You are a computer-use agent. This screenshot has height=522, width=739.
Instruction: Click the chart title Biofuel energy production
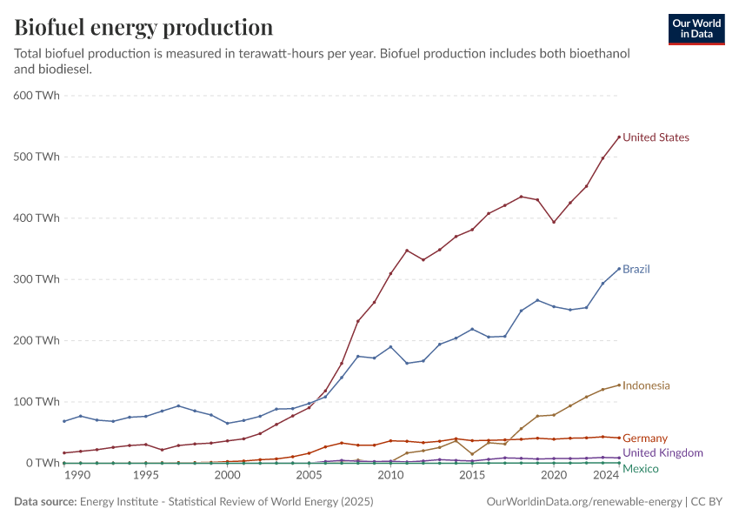click(x=143, y=27)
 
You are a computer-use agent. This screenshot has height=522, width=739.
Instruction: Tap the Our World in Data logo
click(x=696, y=29)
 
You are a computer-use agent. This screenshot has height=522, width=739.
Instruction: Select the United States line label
click(x=656, y=137)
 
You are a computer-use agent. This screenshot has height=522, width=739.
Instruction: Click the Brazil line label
click(x=636, y=270)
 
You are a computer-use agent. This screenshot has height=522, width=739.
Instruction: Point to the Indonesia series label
click(x=646, y=385)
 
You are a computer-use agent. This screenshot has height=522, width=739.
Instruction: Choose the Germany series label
click(x=645, y=438)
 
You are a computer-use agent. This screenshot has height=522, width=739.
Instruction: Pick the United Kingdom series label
click(x=662, y=453)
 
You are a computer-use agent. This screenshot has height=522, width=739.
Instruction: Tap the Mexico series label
click(x=640, y=469)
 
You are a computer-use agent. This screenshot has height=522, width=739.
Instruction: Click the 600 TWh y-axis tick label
click(x=36, y=96)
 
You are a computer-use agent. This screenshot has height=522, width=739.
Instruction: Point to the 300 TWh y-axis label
click(x=36, y=279)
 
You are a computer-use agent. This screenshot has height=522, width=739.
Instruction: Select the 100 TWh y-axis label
click(x=36, y=402)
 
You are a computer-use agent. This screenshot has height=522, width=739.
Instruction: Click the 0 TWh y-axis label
click(x=42, y=463)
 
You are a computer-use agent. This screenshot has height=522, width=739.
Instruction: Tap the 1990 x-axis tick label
click(x=77, y=476)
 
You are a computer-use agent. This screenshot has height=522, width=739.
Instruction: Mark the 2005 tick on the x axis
click(x=309, y=476)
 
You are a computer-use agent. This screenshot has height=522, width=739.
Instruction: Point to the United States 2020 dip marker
click(x=554, y=222)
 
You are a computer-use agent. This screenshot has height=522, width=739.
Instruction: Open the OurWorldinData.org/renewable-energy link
click(x=584, y=502)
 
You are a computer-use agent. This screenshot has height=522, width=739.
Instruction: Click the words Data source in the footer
click(x=44, y=502)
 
